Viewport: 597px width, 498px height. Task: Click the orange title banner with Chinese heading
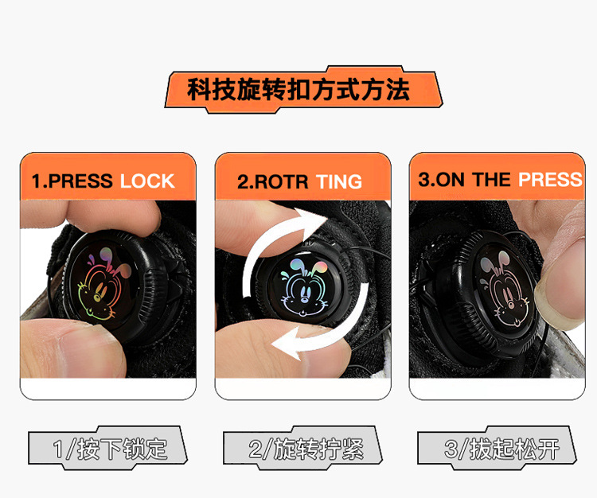(x=303, y=90)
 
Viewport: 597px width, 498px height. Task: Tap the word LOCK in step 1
(x=147, y=181)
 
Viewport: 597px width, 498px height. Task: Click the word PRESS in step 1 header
(x=80, y=181)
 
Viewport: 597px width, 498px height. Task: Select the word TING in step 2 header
(x=339, y=181)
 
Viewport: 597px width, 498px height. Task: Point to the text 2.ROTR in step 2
(x=272, y=181)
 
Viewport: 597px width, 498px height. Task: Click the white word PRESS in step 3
(x=550, y=179)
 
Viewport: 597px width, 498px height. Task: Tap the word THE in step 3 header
(x=491, y=179)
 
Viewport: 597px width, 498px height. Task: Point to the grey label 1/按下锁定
(x=107, y=448)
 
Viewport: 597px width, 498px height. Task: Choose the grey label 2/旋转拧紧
(x=302, y=448)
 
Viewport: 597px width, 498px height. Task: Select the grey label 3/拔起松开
(x=497, y=448)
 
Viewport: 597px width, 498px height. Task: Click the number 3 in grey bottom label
(x=451, y=449)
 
